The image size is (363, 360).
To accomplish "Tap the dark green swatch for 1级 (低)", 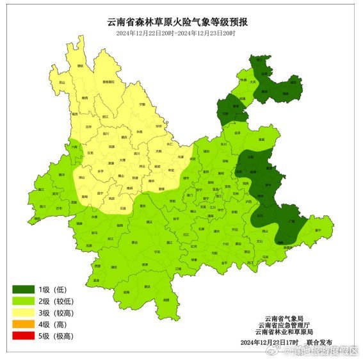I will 24,289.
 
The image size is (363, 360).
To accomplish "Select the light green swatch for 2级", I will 24,300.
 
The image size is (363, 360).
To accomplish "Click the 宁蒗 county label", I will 141,104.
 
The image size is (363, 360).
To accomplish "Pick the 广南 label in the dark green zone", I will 293,220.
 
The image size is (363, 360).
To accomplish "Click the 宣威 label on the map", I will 261,139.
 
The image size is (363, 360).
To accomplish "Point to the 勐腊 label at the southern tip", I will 166,299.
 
